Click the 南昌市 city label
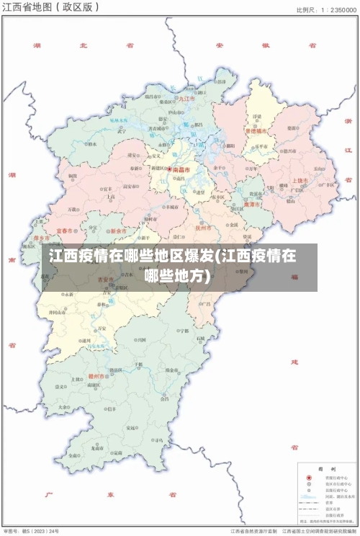[x=182, y=170]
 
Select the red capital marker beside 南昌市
[x=170, y=170]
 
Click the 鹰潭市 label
[x=252, y=205]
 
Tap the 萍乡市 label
[x=42, y=238]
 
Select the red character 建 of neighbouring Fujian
[x=294, y=360]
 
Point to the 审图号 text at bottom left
[x=12, y=530]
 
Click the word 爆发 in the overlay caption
[x=197, y=256]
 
